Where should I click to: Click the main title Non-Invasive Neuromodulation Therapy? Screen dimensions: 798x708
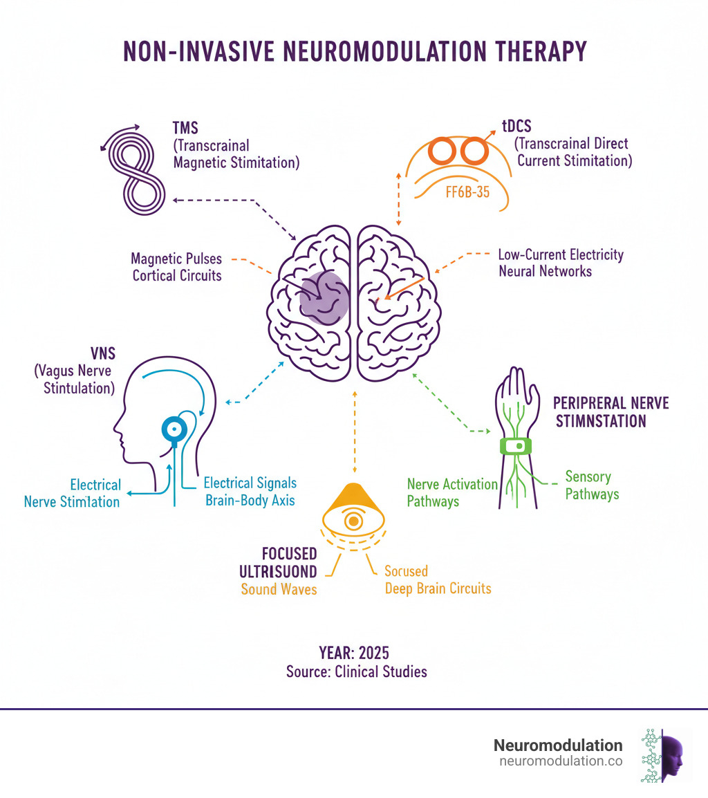click(354, 52)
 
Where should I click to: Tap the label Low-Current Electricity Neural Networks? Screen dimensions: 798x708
click(561, 263)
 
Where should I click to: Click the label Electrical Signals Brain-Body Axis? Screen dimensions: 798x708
click(250, 491)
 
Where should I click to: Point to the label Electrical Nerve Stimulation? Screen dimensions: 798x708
click(72, 493)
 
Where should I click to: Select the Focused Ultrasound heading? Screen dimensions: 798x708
click(279, 563)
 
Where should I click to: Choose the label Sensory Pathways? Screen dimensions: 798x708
click(591, 485)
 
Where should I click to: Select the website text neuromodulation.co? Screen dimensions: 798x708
click(560, 761)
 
